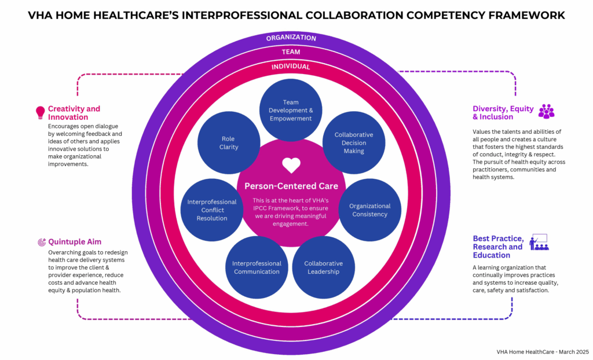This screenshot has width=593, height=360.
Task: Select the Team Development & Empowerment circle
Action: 290,110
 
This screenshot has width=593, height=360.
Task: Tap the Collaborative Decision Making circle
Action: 354,142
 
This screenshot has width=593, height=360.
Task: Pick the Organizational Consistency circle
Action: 369,210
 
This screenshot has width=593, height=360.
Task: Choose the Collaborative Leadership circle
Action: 323,267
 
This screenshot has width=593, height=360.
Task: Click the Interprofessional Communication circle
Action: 257,267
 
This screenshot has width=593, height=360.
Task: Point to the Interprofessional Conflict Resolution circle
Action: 212,210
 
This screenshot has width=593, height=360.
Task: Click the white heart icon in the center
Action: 291,166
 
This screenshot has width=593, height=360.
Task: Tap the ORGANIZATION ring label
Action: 291,38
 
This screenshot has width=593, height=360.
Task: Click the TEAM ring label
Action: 291,52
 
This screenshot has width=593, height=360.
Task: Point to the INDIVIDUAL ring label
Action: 291,67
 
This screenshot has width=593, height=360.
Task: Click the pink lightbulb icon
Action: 41,112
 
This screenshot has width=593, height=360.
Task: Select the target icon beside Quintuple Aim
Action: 41,242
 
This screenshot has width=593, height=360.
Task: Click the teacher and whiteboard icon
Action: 539,242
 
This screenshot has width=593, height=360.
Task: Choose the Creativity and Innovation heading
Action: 74,113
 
